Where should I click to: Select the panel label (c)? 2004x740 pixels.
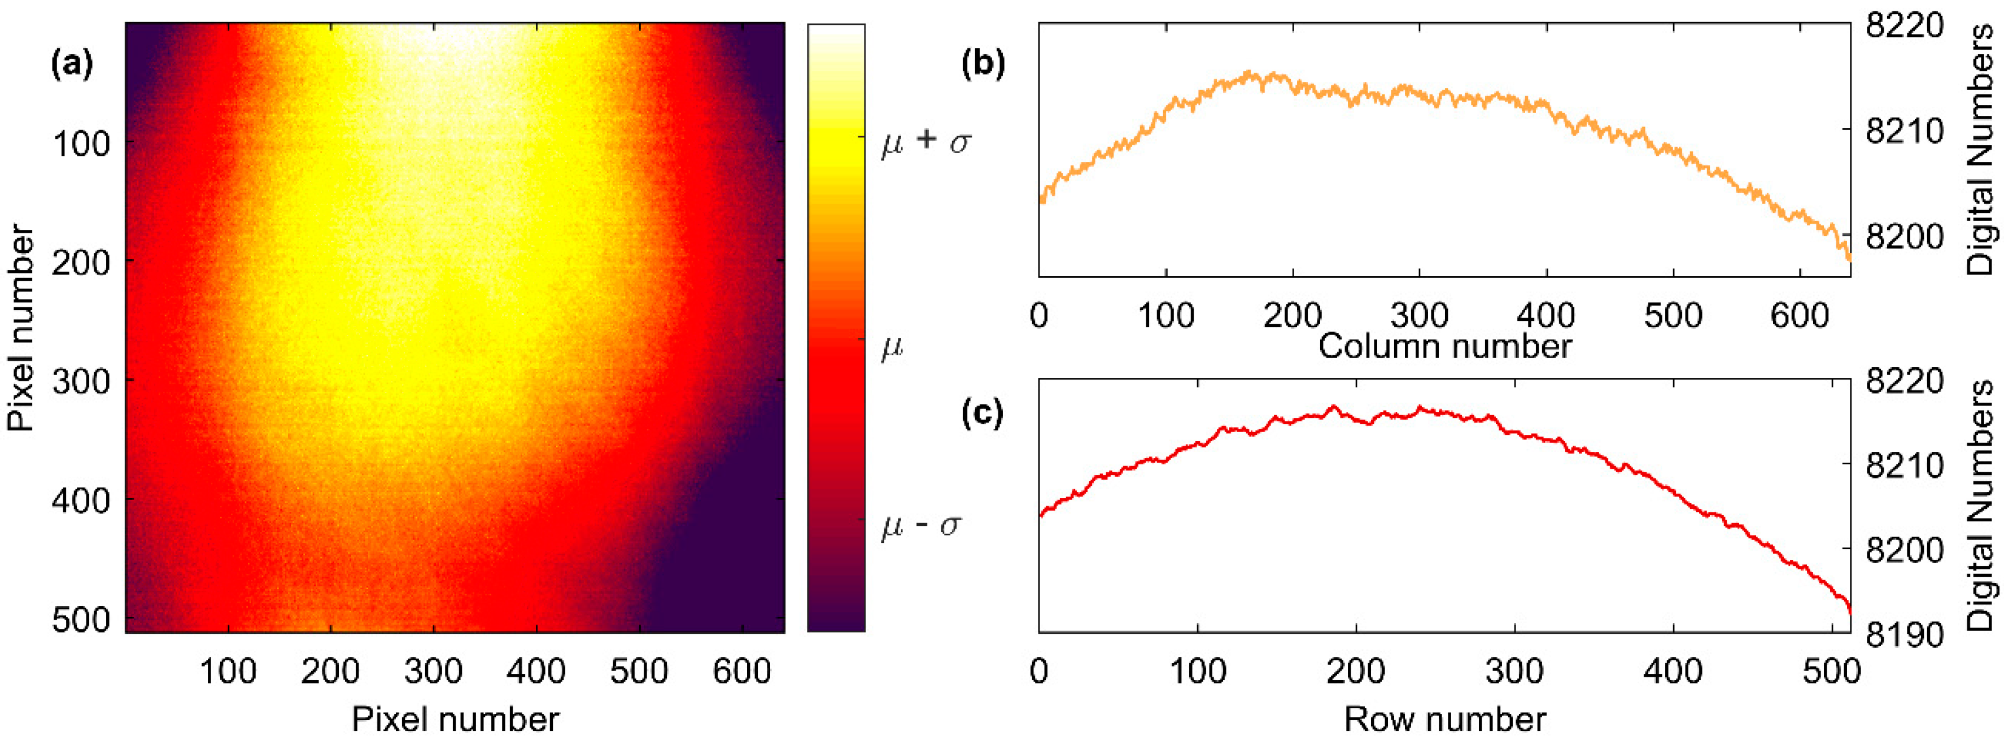[x=983, y=414]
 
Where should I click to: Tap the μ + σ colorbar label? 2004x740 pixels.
[x=925, y=143]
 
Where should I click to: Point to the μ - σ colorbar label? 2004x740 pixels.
[x=921, y=526]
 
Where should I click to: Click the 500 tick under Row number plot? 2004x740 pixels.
[x=1831, y=671]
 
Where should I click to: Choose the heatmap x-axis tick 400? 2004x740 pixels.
[x=536, y=671]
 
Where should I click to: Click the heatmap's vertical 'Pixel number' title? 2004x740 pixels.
[x=22, y=328]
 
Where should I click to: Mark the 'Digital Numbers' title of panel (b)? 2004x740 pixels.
[x=1982, y=148]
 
